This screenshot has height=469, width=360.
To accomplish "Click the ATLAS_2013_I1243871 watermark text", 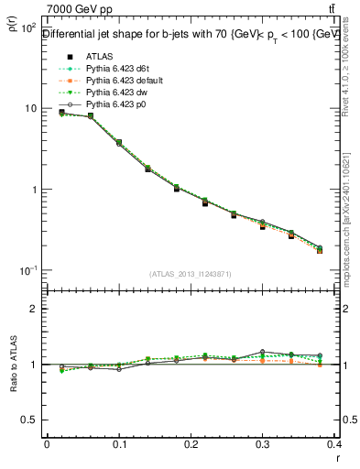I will click(191, 274).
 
